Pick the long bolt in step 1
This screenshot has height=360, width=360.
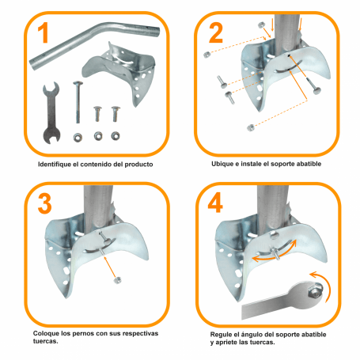point(78,103)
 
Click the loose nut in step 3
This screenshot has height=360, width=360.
point(116,279)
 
